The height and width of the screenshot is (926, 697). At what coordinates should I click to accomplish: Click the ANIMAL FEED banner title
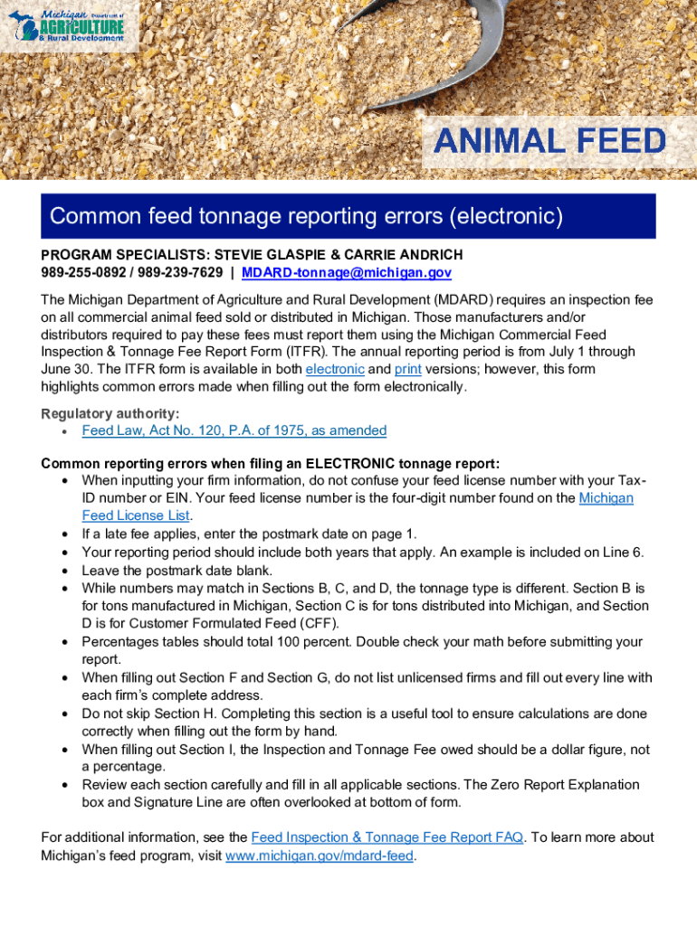click(x=550, y=142)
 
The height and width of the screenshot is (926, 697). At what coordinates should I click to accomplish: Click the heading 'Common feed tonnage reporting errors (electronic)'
click(x=307, y=216)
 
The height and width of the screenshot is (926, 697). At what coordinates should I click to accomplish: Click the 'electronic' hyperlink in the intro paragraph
click(x=335, y=369)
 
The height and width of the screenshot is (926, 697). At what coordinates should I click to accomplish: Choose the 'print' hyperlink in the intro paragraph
click(x=408, y=369)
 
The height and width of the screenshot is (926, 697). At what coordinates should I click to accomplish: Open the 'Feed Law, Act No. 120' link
click(x=234, y=430)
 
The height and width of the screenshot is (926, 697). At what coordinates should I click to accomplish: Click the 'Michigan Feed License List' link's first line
click(x=606, y=497)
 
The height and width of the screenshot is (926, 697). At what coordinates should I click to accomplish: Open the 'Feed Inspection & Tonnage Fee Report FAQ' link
click(x=387, y=837)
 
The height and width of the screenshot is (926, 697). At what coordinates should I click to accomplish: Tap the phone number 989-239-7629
click(x=178, y=273)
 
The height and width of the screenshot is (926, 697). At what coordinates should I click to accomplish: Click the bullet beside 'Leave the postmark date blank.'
click(x=64, y=570)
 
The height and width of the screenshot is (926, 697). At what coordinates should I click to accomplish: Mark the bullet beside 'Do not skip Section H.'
click(x=64, y=713)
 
